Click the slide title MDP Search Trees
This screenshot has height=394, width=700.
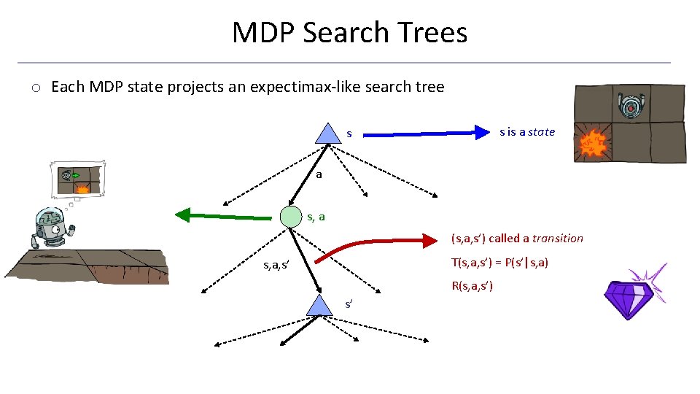point(349,33)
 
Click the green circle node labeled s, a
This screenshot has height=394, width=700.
point(291,217)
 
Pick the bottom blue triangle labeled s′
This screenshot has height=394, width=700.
point(319,306)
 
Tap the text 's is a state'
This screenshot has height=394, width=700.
point(526,132)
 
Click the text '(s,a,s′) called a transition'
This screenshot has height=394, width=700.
point(517,239)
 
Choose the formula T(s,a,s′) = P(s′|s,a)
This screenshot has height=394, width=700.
point(499,263)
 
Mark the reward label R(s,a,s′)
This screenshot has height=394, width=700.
point(472,286)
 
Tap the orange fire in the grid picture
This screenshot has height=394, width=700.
point(593,144)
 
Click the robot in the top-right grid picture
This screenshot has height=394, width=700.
point(630,107)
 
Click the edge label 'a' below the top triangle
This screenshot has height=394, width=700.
point(319,175)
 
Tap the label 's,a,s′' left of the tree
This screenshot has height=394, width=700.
point(276,265)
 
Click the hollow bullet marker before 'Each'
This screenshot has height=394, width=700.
point(35,88)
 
